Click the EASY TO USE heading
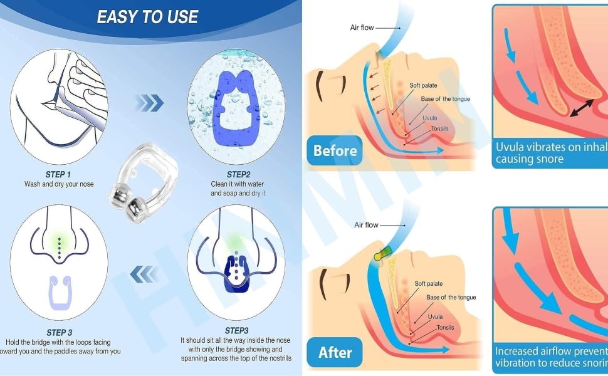click(x=147, y=17)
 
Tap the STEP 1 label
click(x=58, y=174)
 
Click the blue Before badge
click(x=335, y=150)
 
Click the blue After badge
click(x=335, y=352)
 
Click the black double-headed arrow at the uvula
click(x=583, y=108)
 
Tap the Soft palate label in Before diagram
click(x=424, y=85)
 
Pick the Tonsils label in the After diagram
click(x=446, y=327)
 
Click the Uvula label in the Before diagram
click(x=429, y=118)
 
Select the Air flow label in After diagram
click(x=366, y=224)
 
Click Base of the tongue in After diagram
click(x=451, y=297)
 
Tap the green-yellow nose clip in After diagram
click(x=380, y=254)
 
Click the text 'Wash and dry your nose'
click(x=59, y=184)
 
